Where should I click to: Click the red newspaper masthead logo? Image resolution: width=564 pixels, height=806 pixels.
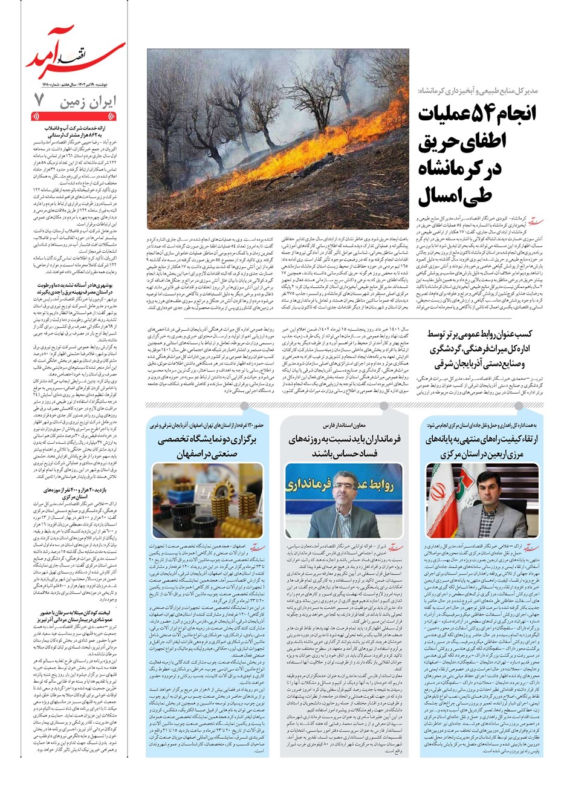pos(75,55)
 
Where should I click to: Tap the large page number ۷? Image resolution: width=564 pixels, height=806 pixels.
pos(39,99)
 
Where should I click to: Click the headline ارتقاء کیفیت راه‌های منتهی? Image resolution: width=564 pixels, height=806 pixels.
pos(482,446)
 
